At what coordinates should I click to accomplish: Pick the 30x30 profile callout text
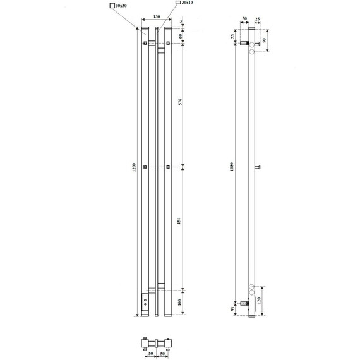coord(121,6)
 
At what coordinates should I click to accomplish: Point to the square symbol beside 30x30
coord(112,6)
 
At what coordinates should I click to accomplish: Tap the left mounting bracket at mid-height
coord(146,167)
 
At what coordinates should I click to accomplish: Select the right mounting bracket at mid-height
coord(167,167)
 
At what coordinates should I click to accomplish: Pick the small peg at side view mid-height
coord(258,167)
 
